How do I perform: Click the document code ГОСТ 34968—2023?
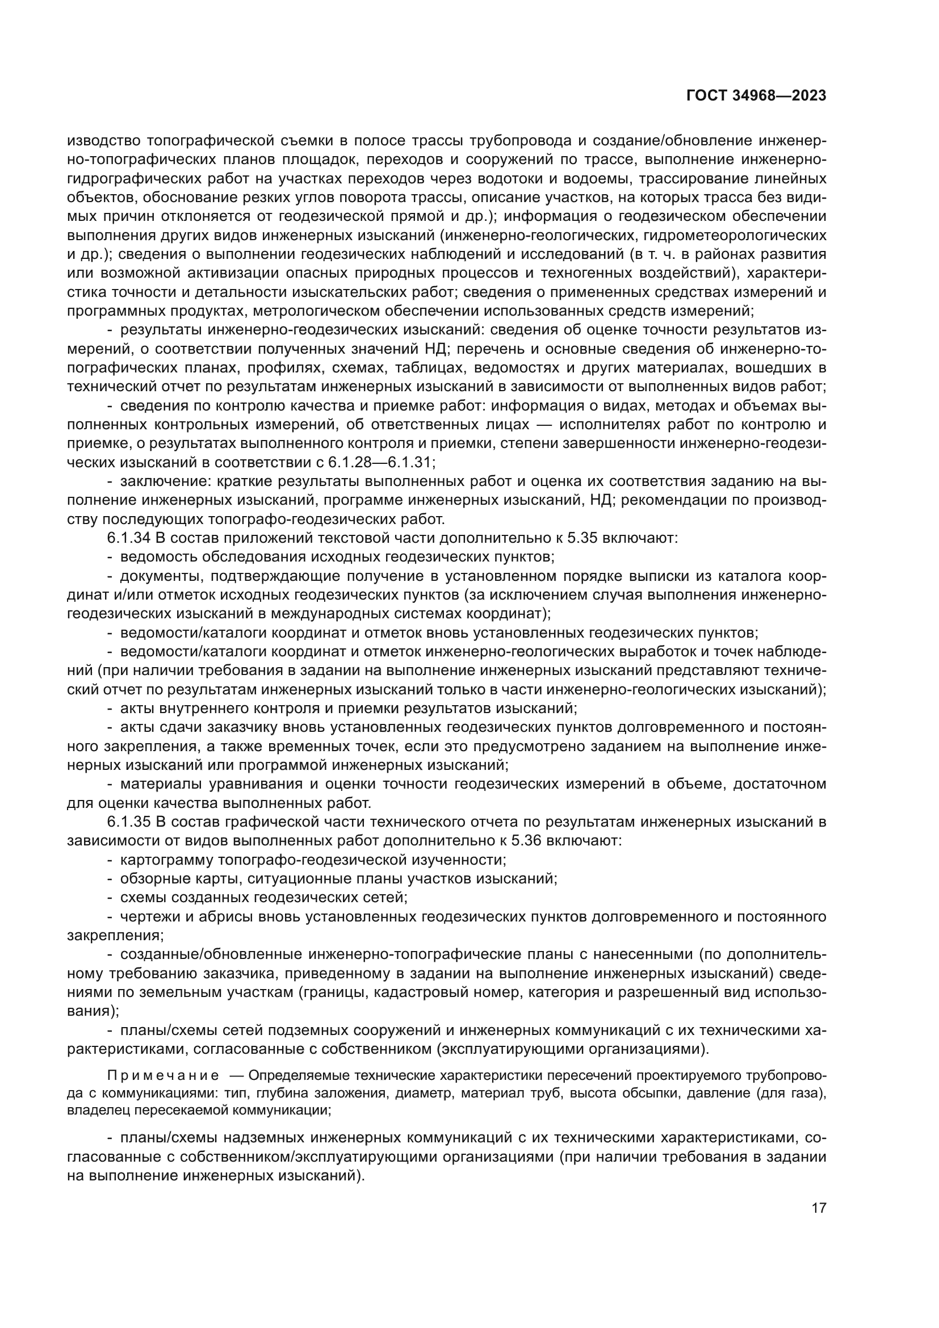756,95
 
